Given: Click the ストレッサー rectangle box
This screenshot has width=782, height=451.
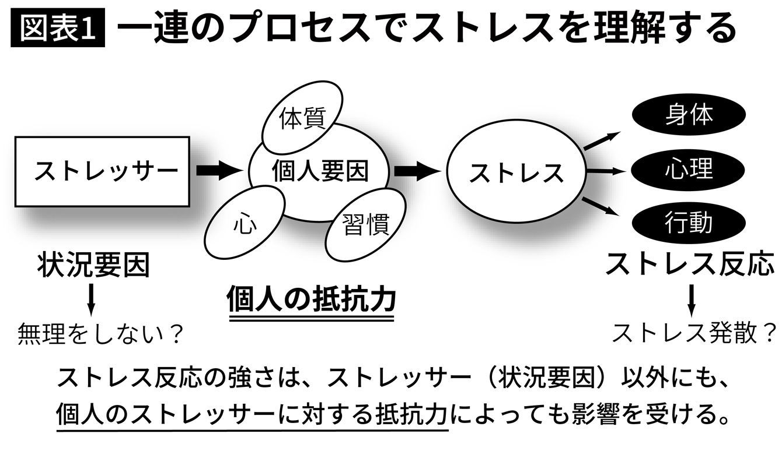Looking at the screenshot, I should tap(102, 171).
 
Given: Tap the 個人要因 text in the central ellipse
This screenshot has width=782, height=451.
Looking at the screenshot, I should tap(320, 171).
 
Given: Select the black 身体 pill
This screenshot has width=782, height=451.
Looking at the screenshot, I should tap(689, 114).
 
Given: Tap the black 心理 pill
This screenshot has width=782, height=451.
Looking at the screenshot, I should tap(689, 170).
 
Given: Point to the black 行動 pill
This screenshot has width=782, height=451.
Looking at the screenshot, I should tap(689, 224).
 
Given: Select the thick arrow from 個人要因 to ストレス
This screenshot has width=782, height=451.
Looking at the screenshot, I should tap(416, 171).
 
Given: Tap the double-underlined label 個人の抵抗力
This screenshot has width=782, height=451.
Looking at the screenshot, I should tap(311, 300).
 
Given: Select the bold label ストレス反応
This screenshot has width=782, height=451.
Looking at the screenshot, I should tap(690, 264).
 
